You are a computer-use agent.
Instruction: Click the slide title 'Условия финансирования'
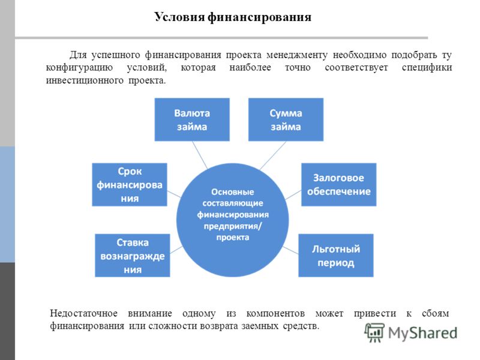(x=233, y=17)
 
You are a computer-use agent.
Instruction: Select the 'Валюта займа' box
(x=192, y=119)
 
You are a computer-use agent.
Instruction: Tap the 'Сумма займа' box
(x=286, y=119)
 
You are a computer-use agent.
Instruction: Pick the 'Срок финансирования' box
(x=130, y=185)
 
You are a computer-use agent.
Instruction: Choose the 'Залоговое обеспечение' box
(x=339, y=185)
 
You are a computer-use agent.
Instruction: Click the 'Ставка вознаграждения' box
(x=132, y=256)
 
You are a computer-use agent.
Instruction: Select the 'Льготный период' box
(x=336, y=256)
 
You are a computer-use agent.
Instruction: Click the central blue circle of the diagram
(x=233, y=220)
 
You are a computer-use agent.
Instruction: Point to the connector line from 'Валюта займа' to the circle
(x=200, y=155)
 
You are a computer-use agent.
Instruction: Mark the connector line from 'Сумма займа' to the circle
(x=273, y=155)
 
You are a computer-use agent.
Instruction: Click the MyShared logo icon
(x=374, y=332)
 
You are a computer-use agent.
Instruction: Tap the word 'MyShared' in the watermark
(x=422, y=334)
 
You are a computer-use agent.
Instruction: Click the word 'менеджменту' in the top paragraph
(x=297, y=55)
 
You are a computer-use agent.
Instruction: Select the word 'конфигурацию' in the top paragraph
(x=79, y=68)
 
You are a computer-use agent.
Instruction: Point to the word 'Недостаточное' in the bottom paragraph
(x=83, y=313)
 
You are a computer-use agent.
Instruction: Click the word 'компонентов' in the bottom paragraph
(x=275, y=313)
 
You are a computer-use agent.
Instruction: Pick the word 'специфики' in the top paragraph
(x=427, y=68)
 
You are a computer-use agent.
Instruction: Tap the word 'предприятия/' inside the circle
(x=233, y=226)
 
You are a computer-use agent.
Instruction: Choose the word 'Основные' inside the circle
(x=233, y=192)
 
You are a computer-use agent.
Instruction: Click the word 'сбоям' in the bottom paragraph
(x=436, y=313)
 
